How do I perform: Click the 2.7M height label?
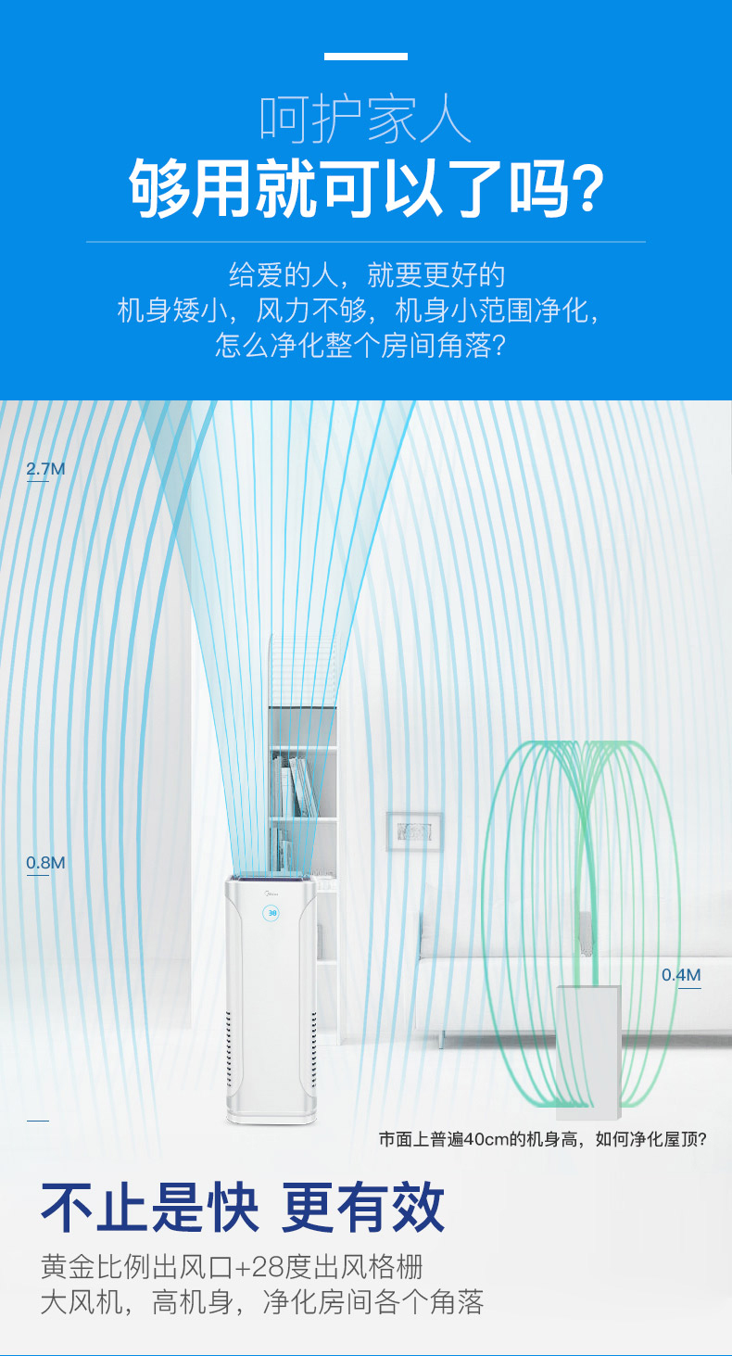pos(45,469)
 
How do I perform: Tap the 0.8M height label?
pos(45,864)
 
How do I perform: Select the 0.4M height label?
pos(681,975)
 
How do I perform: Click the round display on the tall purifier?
pos(271,913)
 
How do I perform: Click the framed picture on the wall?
pos(413,831)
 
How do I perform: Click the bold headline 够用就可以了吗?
pos(365,188)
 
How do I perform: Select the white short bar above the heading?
pos(365,57)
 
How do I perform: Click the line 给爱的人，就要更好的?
pos(365,275)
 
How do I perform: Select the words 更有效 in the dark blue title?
pos(364,1208)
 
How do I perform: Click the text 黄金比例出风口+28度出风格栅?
pos(232,1266)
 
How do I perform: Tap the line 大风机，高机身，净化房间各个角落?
pos(261,1302)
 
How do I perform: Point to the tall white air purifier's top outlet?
pos(271,878)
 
